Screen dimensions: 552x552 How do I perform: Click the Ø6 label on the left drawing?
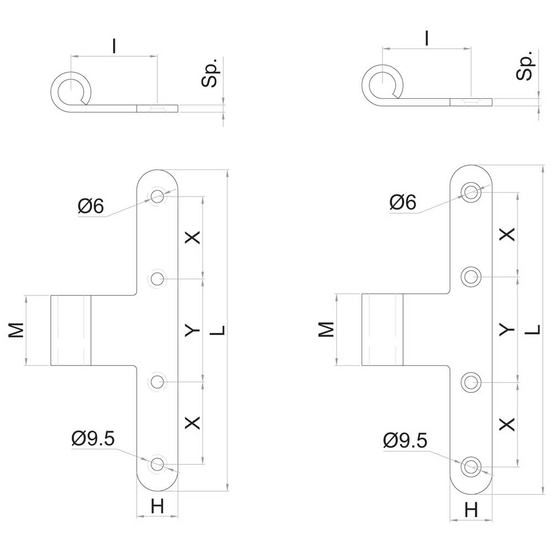(91, 205)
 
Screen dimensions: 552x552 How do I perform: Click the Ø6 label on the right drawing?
(403, 203)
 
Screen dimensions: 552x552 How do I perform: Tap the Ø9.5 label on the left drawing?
(93, 439)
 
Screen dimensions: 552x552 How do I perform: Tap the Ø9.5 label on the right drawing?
(405, 440)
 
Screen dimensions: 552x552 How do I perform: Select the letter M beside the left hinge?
(16, 330)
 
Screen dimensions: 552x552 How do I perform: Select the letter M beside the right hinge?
(326, 329)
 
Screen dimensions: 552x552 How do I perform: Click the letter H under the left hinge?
(157, 507)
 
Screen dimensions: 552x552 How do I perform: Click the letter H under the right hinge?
(471, 509)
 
